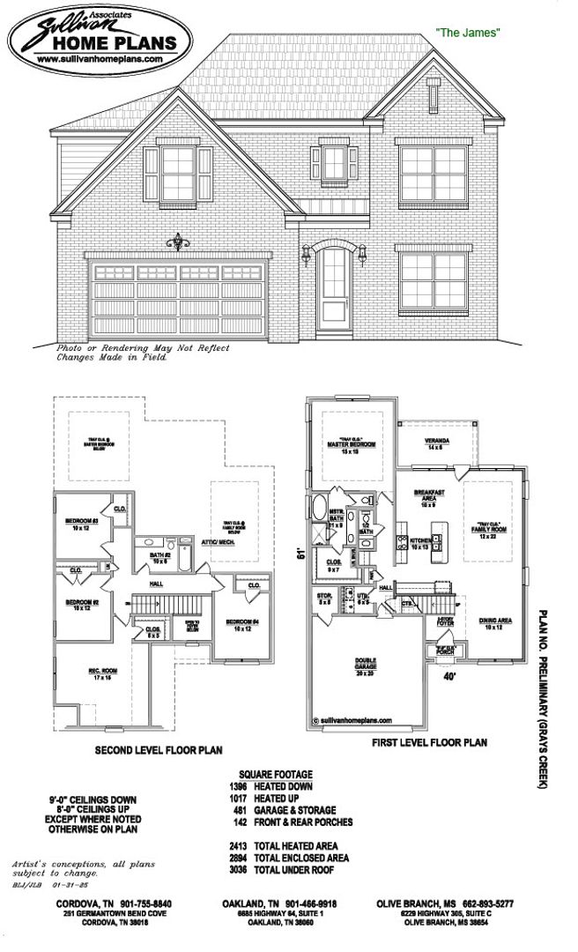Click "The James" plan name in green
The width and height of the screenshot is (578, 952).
point(468,33)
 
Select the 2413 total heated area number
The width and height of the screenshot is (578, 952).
point(237,845)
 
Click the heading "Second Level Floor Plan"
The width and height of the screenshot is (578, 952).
point(159,750)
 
